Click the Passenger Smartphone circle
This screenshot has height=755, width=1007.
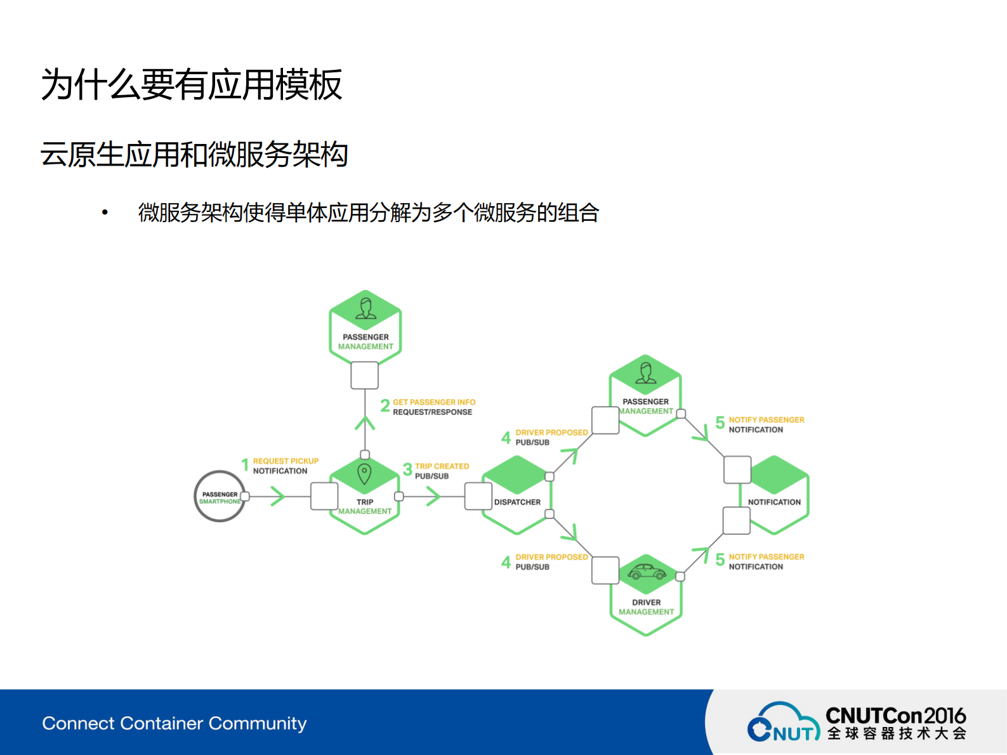220,497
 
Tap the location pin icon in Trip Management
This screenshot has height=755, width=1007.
364,474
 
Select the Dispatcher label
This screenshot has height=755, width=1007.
517,502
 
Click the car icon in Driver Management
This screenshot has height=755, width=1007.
646,572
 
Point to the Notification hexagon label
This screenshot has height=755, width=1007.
774,502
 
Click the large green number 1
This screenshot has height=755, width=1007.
245,465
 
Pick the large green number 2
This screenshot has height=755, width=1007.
385,406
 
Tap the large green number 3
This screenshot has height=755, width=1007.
407,470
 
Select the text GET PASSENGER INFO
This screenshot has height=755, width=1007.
434,402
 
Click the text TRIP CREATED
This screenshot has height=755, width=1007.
442,466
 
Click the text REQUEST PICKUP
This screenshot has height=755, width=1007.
286,461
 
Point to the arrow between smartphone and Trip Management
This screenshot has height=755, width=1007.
277,496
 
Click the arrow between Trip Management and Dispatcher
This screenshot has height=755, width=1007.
433,496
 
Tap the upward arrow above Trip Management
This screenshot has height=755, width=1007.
365,423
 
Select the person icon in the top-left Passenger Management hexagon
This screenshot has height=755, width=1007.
365,308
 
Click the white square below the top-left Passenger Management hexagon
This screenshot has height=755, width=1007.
365,376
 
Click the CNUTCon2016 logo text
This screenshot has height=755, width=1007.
895,716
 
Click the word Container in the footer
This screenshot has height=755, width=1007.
162,723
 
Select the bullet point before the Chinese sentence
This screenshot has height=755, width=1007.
105,213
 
